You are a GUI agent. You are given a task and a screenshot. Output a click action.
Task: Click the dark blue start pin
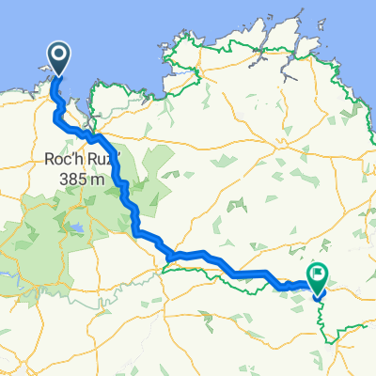coord(57,58)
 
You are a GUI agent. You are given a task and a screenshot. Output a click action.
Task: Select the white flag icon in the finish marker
coord(317,277)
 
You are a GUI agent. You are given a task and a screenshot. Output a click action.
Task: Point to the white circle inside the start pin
coord(57,55)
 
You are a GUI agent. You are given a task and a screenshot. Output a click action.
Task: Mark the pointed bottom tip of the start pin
coord(57,76)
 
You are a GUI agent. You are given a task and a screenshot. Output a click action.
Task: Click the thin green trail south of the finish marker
coord(324,324)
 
